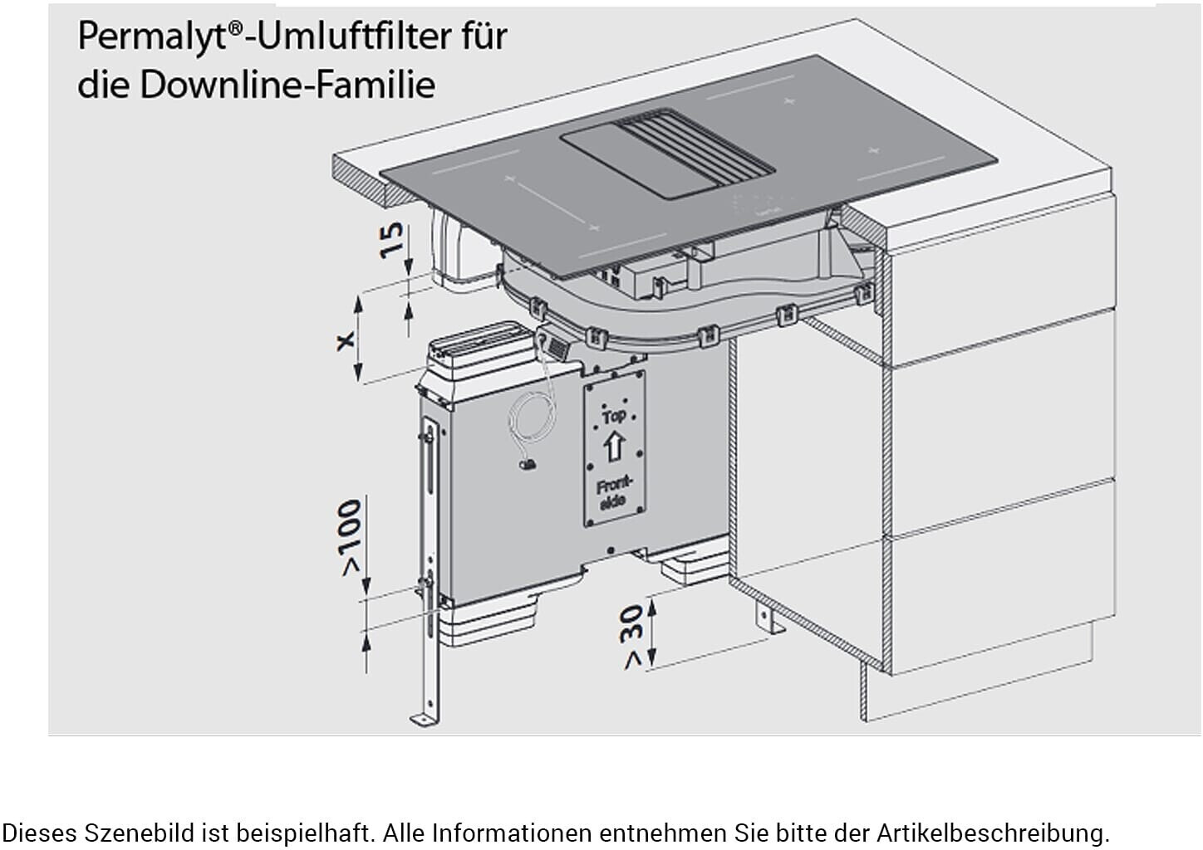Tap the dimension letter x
345,340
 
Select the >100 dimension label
350,536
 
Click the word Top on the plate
614,415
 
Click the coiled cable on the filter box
530,427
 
